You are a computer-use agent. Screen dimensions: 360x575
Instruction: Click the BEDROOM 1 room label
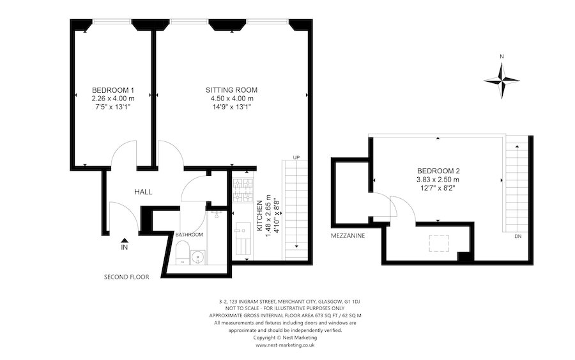pyautogui.click(x=113, y=90)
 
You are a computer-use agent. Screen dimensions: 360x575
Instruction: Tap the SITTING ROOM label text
pyautogui.click(x=231, y=90)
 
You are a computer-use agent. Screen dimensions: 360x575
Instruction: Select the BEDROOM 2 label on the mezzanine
pyautogui.click(x=438, y=171)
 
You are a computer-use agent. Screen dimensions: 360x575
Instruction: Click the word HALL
pyautogui.click(x=143, y=192)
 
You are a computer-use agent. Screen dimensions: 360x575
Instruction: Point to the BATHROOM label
pyautogui.click(x=189, y=235)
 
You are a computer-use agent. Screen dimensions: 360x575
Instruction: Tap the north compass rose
pyautogui.click(x=502, y=80)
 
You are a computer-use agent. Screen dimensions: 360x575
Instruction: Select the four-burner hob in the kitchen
pyautogui.click(x=243, y=187)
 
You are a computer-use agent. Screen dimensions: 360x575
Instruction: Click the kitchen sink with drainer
pyautogui.click(x=243, y=237)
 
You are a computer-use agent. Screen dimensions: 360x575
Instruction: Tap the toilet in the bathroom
pyautogui.click(x=182, y=253)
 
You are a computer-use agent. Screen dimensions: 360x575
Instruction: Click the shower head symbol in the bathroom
pyautogui.click(x=218, y=215)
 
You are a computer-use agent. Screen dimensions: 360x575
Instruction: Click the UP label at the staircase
pyautogui.click(x=296, y=158)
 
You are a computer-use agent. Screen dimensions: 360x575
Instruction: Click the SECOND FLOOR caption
pyautogui.click(x=126, y=278)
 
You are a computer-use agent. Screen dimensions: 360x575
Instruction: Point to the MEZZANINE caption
pyautogui.click(x=348, y=236)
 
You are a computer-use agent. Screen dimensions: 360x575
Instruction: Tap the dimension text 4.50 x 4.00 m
pyautogui.click(x=232, y=98)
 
